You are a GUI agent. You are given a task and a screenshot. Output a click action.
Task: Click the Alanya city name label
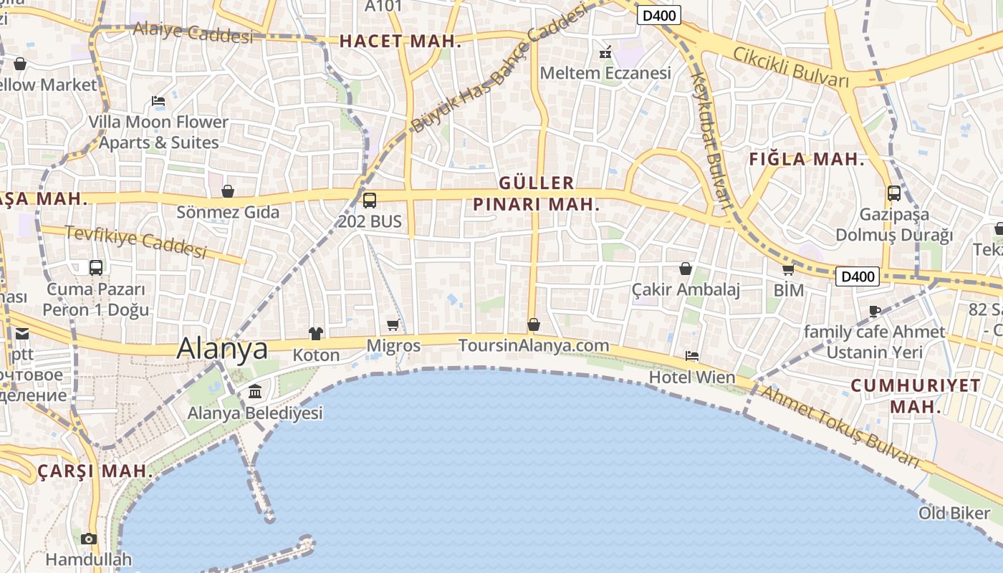pyautogui.click(x=222, y=348)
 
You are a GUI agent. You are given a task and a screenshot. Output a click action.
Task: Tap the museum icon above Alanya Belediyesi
pyautogui.click(x=255, y=392)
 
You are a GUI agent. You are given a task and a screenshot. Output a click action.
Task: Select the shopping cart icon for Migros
pyautogui.click(x=393, y=325)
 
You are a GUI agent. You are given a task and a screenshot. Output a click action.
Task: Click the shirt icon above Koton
pyautogui.click(x=316, y=333)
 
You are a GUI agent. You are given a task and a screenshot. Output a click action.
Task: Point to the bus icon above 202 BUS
pyautogui.click(x=370, y=201)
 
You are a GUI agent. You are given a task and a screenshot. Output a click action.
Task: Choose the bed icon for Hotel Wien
pyautogui.click(x=692, y=355)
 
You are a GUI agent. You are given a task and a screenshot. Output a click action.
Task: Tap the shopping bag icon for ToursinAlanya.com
pyautogui.click(x=534, y=324)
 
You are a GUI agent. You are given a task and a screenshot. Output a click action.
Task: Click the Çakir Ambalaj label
pyautogui.click(x=686, y=289)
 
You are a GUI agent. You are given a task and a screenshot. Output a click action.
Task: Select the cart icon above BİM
pyautogui.click(x=789, y=270)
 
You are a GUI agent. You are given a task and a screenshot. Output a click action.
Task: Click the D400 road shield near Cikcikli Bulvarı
pyautogui.click(x=658, y=15)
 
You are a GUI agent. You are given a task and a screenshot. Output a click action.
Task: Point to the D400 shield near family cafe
pyautogui.click(x=858, y=276)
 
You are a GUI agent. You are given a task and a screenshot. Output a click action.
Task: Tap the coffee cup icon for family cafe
pyautogui.click(x=874, y=311)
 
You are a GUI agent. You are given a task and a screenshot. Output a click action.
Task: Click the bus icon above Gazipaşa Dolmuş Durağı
pyautogui.click(x=894, y=193)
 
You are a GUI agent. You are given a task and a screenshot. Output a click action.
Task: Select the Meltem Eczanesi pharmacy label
pyautogui.click(x=605, y=73)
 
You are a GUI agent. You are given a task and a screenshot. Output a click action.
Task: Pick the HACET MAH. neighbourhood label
pyautogui.click(x=400, y=42)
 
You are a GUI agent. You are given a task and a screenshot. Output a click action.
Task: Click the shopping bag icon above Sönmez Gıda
pyautogui.click(x=228, y=191)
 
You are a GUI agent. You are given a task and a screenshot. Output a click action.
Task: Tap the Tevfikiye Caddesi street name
pyautogui.click(x=135, y=241)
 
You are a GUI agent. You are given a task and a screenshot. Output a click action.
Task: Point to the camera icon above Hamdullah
pyautogui.click(x=89, y=539)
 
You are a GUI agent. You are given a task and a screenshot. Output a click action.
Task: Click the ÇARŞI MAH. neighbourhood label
pyautogui.click(x=95, y=471)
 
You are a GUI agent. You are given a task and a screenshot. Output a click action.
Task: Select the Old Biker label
pyautogui.click(x=954, y=513)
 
